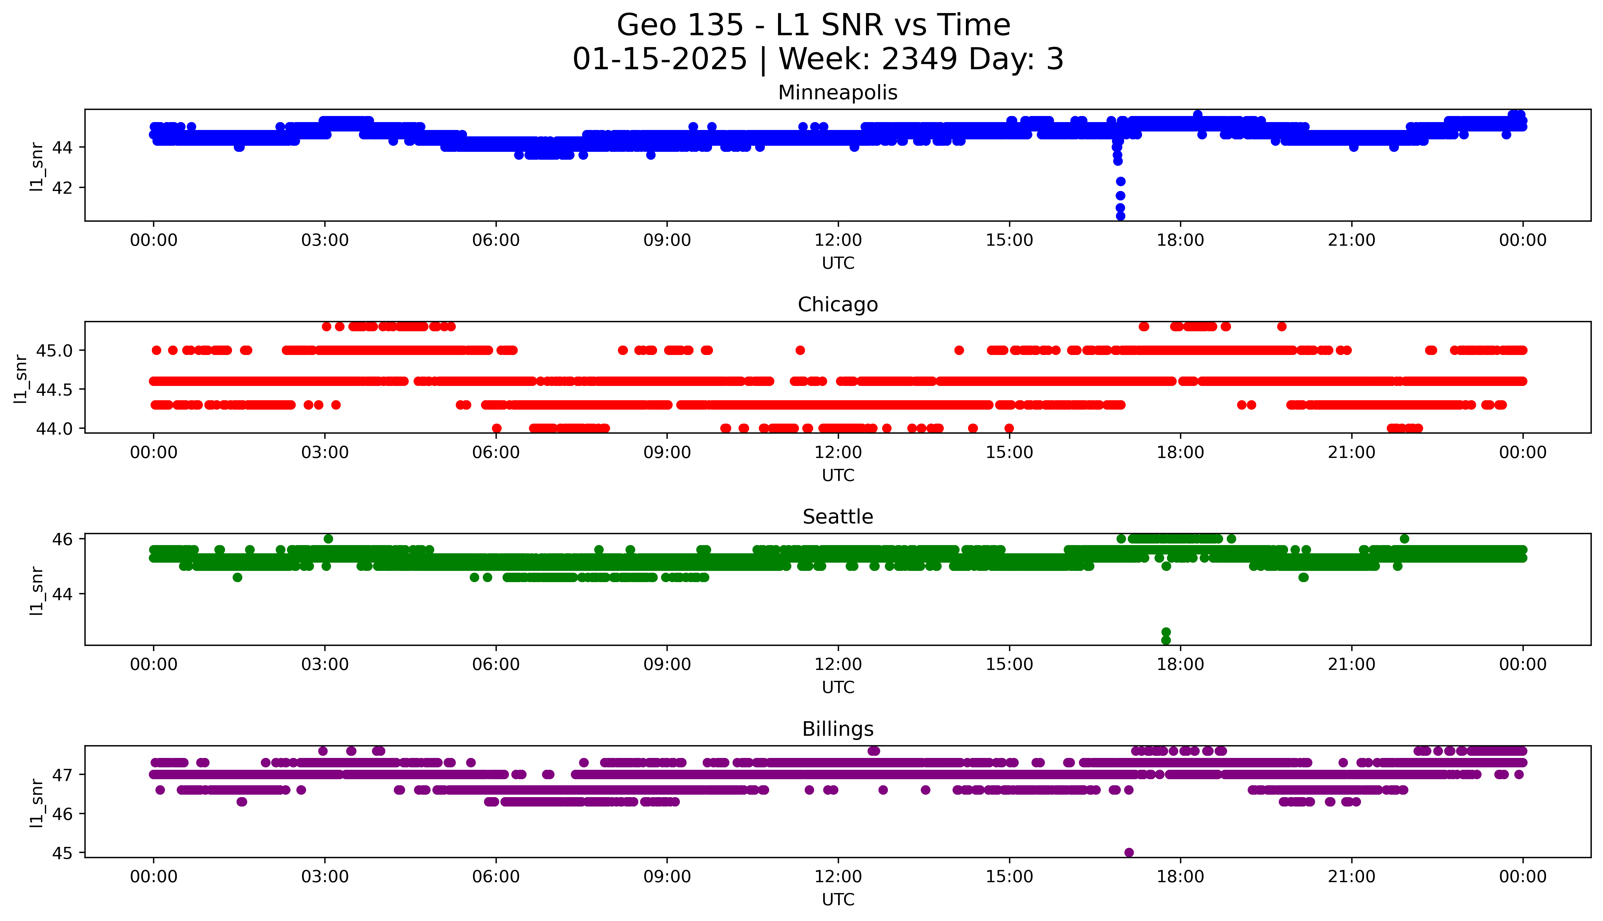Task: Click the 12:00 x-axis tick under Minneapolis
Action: pyautogui.click(x=838, y=240)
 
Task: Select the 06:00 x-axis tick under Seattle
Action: pyautogui.click(x=496, y=664)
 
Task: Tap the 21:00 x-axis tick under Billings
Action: pyautogui.click(x=1351, y=877)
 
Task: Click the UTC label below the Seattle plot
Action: pyautogui.click(x=838, y=687)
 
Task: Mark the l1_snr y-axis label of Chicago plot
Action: pyautogui.click(x=21, y=378)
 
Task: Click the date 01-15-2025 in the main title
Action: pyautogui.click(x=660, y=60)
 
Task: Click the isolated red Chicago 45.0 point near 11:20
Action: pyautogui.click(x=800, y=350)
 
